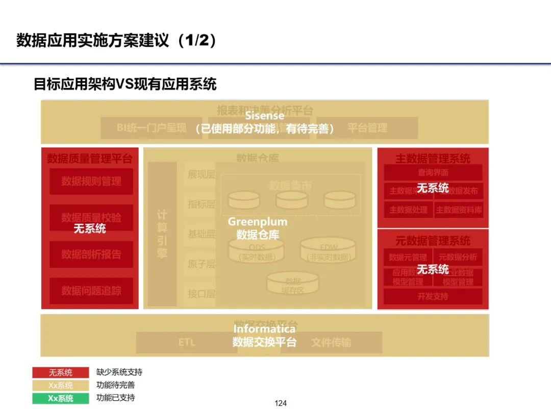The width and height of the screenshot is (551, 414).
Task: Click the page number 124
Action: [x=281, y=403]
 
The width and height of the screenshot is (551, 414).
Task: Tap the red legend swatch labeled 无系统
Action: [x=61, y=373]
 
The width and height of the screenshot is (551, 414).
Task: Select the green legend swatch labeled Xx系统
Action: [x=61, y=398]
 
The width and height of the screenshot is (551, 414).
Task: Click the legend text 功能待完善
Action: [x=116, y=385]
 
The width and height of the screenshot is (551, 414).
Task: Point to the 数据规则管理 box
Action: [x=91, y=181]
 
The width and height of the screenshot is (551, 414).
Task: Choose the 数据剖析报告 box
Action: [x=91, y=255]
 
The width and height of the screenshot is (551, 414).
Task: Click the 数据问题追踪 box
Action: [x=91, y=291]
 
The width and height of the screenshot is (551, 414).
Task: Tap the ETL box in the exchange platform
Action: [x=187, y=342]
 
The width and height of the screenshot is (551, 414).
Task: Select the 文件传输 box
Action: [x=332, y=342]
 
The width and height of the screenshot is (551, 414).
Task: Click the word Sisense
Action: [x=264, y=116]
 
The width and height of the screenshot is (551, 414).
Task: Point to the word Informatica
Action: [x=264, y=329]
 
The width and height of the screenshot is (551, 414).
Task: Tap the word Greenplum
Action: [x=257, y=222]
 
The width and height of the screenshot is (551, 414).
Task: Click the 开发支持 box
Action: [x=433, y=296]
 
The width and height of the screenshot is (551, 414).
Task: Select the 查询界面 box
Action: [x=433, y=173]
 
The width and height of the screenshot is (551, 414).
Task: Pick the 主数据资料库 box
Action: [x=459, y=210]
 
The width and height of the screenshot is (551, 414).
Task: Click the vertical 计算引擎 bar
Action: [x=162, y=234]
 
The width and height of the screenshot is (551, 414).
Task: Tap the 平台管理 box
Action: [x=367, y=128]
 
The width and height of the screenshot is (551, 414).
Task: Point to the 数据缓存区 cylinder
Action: [x=293, y=284]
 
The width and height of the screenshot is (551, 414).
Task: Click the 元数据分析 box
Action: [x=458, y=257]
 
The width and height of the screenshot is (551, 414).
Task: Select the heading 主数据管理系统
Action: [x=433, y=158]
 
